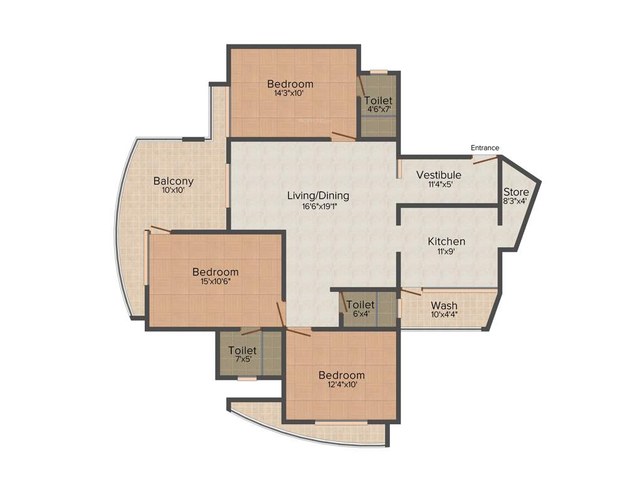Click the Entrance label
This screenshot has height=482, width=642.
tap(485, 148)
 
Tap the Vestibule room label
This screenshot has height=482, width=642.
tap(439, 175)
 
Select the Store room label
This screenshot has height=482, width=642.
tap(516, 192)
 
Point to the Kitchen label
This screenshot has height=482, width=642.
tap(446, 242)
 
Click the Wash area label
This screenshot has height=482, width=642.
tap(444, 306)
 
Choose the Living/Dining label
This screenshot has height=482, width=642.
tap(318, 196)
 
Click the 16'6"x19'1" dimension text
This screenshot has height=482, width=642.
tap(317, 205)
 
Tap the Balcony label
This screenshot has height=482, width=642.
tap(174, 181)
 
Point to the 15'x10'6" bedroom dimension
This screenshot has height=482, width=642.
tap(215, 282)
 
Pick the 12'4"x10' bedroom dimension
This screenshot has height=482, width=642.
tap(341, 385)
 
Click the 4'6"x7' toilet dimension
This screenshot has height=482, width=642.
tap(379, 109)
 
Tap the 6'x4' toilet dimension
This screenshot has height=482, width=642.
tap(360, 314)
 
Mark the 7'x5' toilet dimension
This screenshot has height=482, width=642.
tap(242, 360)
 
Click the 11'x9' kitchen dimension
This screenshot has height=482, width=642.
tap(446, 251)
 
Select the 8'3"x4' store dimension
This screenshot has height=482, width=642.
tap(516, 201)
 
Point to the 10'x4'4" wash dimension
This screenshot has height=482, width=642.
tap(444, 315)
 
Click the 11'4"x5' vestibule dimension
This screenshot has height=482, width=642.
tap(439, 185)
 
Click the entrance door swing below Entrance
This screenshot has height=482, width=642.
tap(486, 159)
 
